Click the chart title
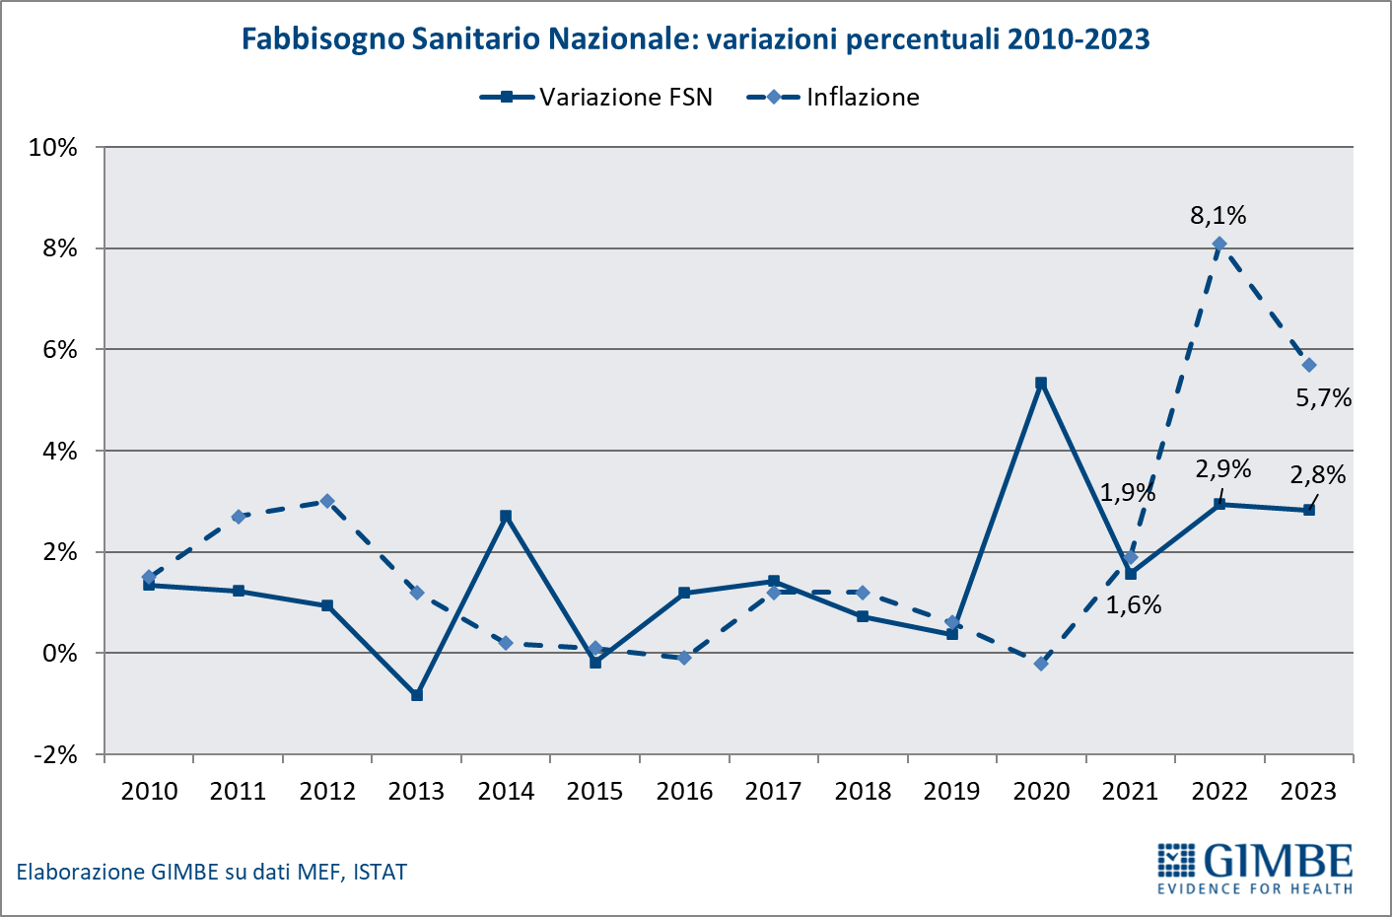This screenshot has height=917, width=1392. point(695,38)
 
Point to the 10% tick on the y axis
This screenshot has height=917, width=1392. point(53,147)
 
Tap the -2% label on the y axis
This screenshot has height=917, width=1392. point(55,754)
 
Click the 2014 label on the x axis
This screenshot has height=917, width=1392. point(506,791)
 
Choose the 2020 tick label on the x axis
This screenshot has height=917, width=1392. point(1041,791)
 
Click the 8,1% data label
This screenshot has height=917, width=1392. point(1218,215)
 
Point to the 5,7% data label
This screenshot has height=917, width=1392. point(1323,398)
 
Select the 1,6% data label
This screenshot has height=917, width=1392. point(1134,605)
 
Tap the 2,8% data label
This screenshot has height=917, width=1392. point(1318,475)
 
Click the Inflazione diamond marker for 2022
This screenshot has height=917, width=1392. point(1219,244)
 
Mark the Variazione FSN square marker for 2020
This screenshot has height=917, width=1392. point(1041,383)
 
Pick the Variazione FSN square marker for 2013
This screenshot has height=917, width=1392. point(417,695)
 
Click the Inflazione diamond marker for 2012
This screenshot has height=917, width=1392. point(327,501)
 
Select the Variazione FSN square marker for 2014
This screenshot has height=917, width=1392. point(506,516)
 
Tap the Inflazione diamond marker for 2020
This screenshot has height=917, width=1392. point(1041,664)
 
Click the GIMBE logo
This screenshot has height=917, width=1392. point(1255,868)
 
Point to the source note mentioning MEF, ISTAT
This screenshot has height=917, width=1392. point(212,872)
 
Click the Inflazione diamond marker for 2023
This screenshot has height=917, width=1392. point(1309,365)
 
